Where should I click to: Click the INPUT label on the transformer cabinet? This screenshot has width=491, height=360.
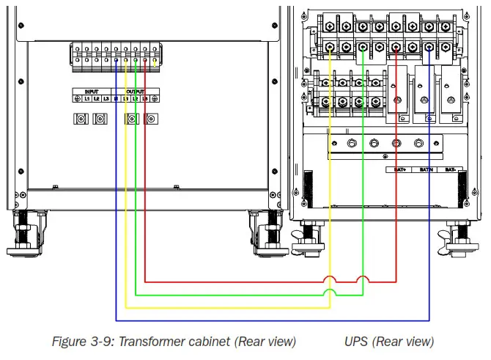pos(91,91)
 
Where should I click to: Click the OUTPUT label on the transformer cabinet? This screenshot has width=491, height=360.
pos(136,91)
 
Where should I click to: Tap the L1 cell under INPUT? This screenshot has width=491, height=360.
pos(86,98)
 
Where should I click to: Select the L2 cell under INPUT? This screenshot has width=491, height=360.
pos(96,98)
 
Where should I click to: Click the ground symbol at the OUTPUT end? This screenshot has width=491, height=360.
pos(155,98)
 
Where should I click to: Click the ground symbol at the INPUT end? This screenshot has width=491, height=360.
pos(77,98)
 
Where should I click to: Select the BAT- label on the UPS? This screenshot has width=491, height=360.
pos(449,169)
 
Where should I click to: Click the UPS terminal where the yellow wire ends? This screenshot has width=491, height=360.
pos(331,48)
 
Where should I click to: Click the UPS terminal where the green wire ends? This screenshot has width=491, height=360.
pos(363,48)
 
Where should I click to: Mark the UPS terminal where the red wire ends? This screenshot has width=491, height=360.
pos(396,48)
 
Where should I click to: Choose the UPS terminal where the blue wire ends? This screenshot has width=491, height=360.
pos(429,48)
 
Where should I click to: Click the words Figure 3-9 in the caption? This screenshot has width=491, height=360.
pos(82,342)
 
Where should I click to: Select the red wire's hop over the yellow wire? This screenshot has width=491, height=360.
pos(331,279)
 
